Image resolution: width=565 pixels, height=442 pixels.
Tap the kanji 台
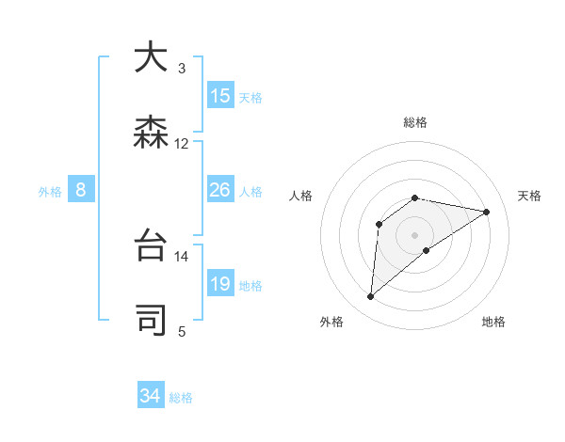point(151,244)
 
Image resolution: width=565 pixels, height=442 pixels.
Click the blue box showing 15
point(220,96)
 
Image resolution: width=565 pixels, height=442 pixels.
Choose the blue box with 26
point(220,191)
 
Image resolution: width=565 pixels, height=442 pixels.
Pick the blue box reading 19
point(220,284)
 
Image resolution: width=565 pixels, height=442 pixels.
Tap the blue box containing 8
point(81,191)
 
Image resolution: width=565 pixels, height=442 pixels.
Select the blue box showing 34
point(151,396)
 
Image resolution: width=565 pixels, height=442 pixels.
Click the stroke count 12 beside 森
point(182,144)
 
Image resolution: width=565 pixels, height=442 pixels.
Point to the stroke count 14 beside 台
point(182,256)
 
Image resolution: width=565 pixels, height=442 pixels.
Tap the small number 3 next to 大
point(182,69)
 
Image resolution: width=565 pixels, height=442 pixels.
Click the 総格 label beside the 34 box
point(181,398)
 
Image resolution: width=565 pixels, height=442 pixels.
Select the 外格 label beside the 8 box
point(50,192)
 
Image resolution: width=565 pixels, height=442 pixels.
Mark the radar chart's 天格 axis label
point(530,196)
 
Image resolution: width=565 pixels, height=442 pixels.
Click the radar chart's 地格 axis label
point(493,322)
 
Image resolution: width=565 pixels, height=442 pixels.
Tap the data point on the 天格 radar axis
point(487,212)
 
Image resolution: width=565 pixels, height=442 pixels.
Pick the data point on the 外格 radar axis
point(371,297)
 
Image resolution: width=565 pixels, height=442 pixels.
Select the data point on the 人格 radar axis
point(379,224)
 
